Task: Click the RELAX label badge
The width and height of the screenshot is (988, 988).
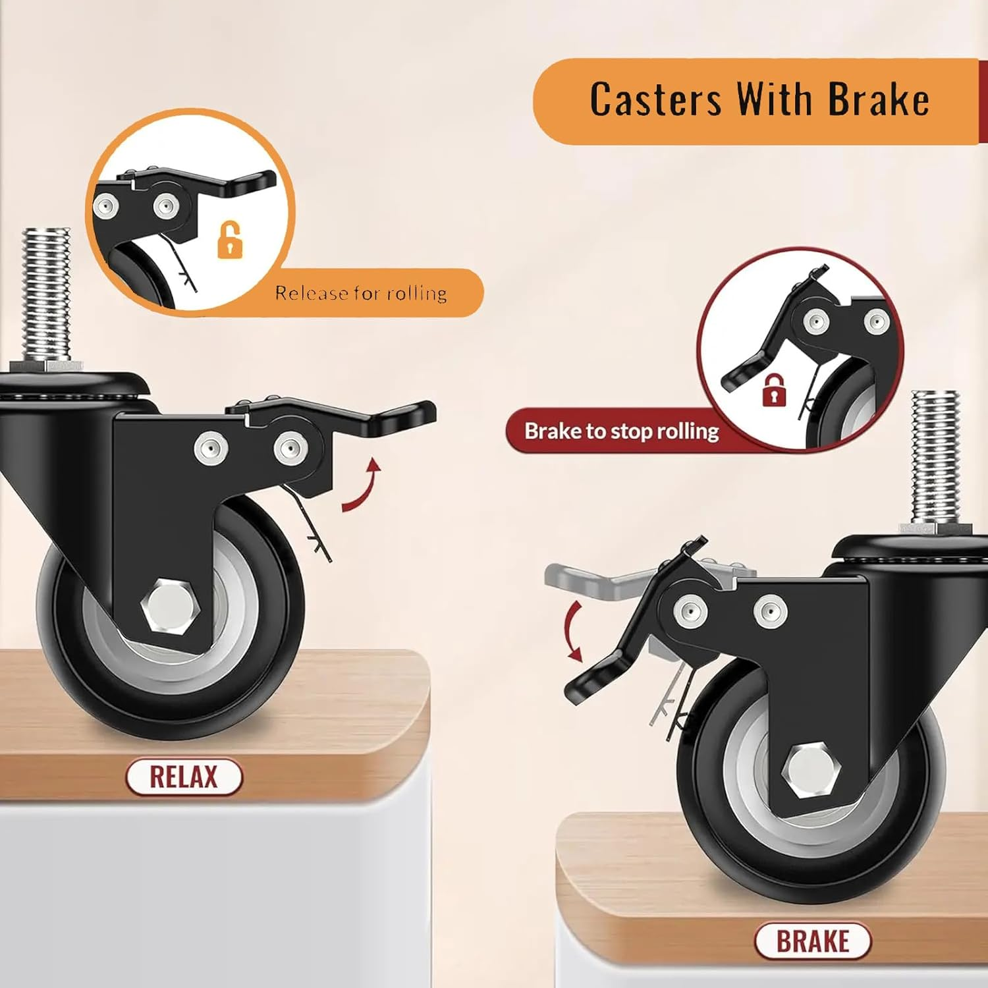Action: (184, 777)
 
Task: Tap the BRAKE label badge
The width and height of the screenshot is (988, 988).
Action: (812, 941)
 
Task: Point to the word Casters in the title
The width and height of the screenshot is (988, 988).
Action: (655, 100)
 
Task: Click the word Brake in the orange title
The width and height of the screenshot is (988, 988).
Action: (878, 100)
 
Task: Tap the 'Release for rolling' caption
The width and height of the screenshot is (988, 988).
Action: (361, 293)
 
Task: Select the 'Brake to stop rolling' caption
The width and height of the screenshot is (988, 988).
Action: (621, 431)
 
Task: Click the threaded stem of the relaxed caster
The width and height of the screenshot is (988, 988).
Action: (46, 293)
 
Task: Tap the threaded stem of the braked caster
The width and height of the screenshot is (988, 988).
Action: (935, 454)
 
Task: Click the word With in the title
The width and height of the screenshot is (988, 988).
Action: (775, 100)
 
